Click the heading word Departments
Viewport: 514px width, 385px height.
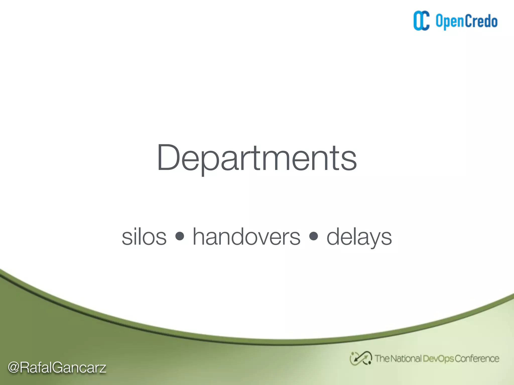click(256, 158)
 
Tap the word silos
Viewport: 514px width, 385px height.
click(144, 237)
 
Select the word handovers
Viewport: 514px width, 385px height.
click(246, 237)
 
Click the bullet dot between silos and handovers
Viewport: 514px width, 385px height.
click(180, 236)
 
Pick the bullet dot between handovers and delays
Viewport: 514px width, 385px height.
click(314, 236)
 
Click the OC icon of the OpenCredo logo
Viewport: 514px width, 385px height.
click(421, 21)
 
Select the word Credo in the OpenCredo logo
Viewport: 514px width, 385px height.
click(481, 21)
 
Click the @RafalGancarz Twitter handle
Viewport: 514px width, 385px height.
click(57, 367)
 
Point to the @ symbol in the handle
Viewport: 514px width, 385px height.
click(14, 367)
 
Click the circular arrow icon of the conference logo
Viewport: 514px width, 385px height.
click(361, 358)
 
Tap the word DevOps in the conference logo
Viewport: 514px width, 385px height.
click(438, 359)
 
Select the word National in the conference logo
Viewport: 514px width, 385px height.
click(406, 358)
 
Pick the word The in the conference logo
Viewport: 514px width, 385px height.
click(382, 358)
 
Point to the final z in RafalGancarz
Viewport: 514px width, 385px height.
click(102, 368)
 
